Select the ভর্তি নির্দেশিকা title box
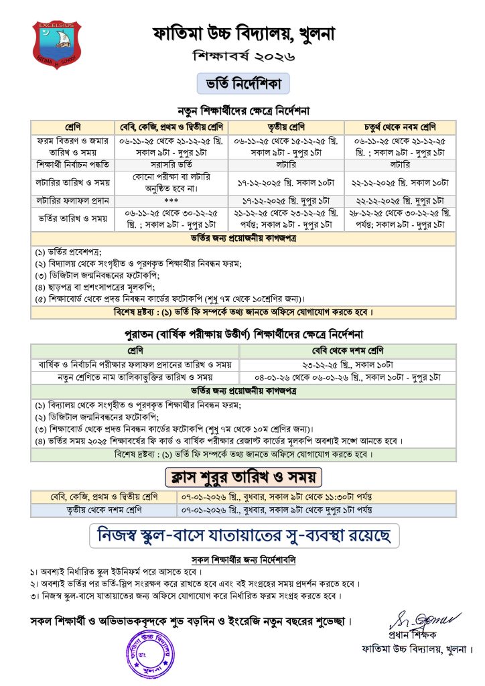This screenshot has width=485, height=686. tap(242, 85)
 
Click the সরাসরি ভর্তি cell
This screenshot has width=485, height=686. tap(172, 164)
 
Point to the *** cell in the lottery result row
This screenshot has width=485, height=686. tap(172, 200)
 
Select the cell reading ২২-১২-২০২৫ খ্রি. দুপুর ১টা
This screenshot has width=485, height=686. tap(401, 200)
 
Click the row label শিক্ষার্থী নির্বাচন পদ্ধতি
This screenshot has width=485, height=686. tap(72, 164)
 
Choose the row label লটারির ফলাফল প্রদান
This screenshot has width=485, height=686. tap(72, 200)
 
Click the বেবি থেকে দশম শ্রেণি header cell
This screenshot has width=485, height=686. tap(347, 350)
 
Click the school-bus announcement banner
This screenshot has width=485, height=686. tap(242, 536)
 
